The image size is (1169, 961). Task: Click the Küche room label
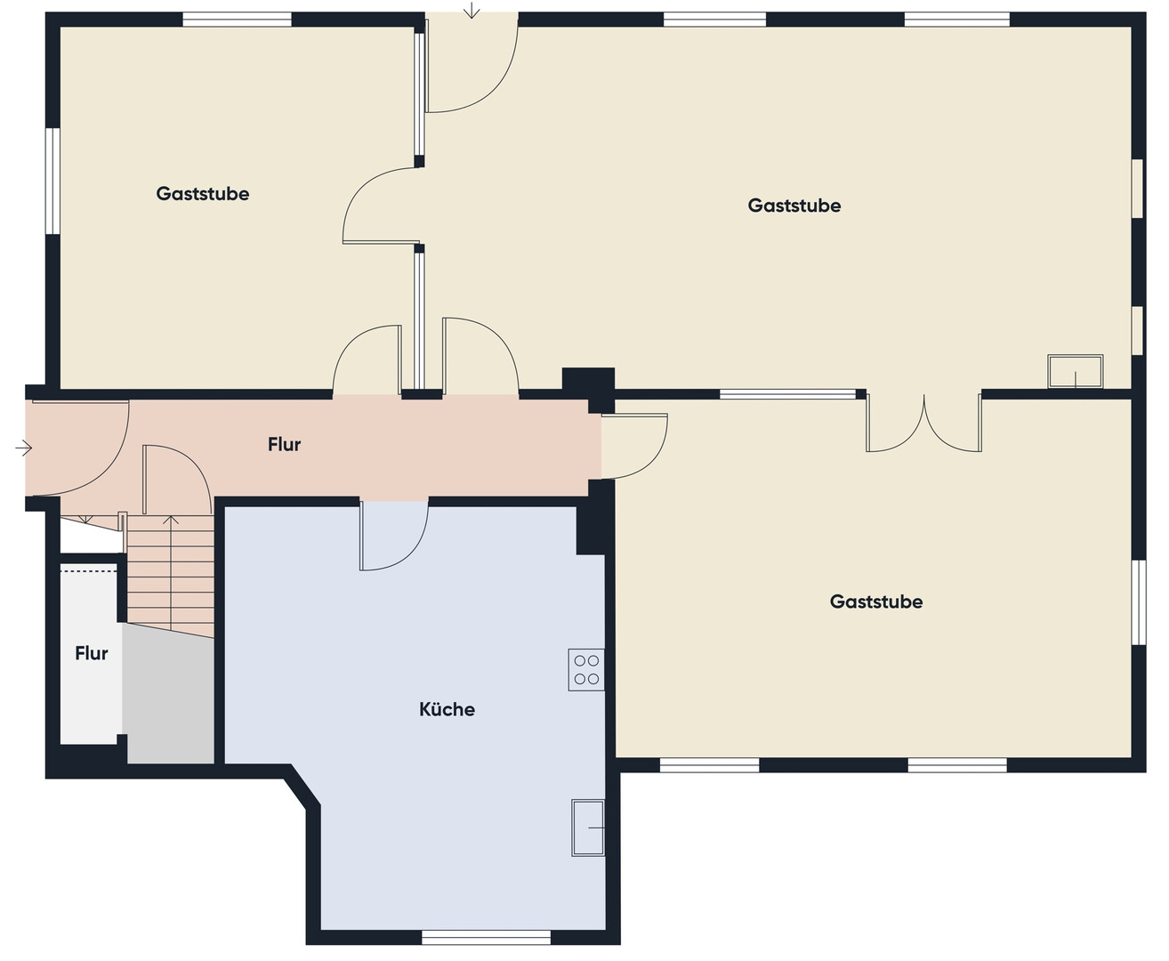447,709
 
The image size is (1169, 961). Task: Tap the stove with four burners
586,670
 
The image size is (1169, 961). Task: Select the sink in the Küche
588,828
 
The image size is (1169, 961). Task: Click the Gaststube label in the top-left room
202,193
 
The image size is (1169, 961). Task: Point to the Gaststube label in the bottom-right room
875,602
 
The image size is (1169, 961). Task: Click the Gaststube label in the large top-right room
794,206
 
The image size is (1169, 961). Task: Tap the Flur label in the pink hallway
284,444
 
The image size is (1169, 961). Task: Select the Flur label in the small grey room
91,653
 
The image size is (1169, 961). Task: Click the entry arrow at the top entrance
472,10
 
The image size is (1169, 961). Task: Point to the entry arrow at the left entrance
24,448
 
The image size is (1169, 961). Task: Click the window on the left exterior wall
52,181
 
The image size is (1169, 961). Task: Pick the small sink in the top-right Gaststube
1075,371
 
